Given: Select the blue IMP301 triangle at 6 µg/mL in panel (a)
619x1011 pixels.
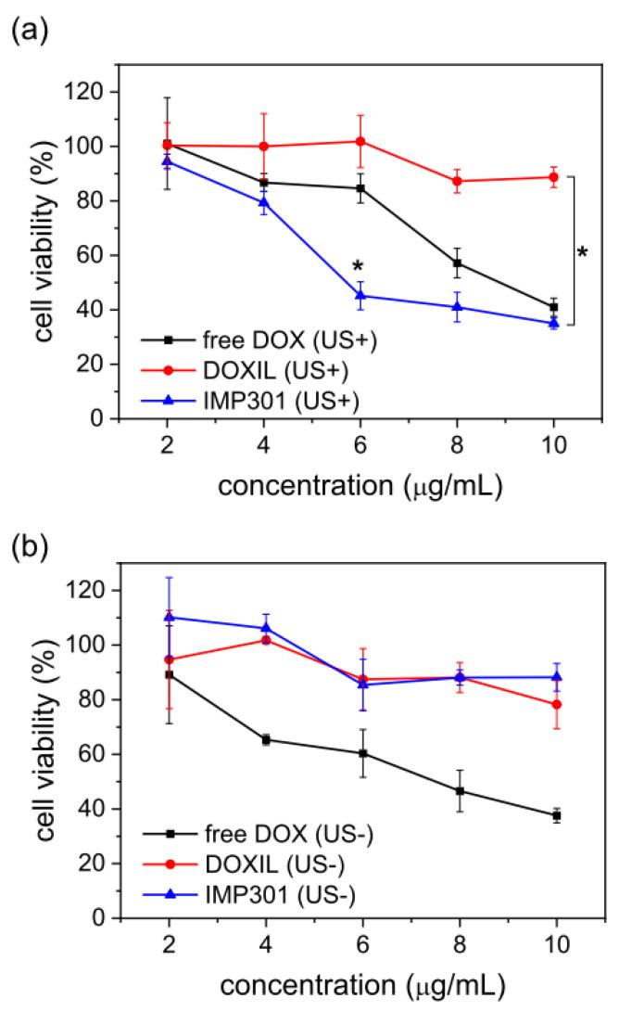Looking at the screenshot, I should coord(360,296).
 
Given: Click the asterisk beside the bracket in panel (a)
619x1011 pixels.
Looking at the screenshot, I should coord(582,253).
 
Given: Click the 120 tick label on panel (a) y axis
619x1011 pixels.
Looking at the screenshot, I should coord(89,92).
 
